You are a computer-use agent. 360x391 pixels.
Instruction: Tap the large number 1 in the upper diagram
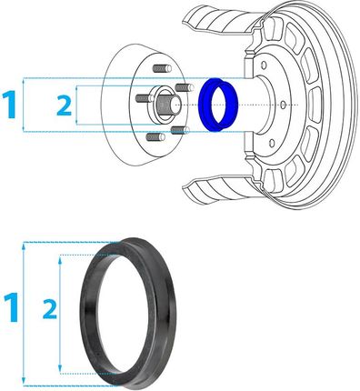[x=9, y=105]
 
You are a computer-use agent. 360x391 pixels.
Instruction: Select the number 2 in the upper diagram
[x=65, y=105]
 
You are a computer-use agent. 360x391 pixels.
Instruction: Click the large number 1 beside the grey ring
[x=12, y=307]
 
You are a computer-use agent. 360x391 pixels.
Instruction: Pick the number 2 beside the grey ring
[x=50, y=308]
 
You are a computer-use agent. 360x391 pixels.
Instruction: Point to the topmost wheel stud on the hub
[x=161, y=68]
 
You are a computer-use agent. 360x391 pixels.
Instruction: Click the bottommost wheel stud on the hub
[x=155, y=137]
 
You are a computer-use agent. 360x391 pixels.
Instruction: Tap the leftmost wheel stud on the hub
[x=145, y=98]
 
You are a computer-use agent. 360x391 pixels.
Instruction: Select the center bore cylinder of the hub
[x=166, y=104]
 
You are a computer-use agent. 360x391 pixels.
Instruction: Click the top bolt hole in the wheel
[x=264, y=65]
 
